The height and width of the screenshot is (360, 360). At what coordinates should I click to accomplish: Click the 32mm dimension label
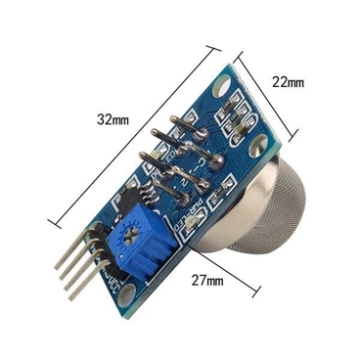(x=112, y=119)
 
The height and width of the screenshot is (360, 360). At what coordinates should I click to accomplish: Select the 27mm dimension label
(x=207, y=280)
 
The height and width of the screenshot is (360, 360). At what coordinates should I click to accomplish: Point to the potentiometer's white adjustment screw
(x=127, y=236)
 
